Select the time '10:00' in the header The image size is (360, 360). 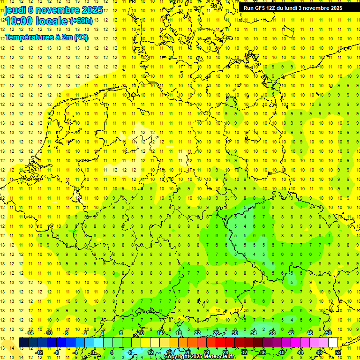tap(20, 21)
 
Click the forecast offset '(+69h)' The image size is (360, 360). tap(81, 21)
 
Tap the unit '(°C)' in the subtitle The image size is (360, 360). tap(80, 37)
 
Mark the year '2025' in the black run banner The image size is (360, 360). tap(335, 8)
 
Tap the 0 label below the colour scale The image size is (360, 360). tap(93, 352)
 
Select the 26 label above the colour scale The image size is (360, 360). tap(216, 333)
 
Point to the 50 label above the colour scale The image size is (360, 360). tap(328, 333)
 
